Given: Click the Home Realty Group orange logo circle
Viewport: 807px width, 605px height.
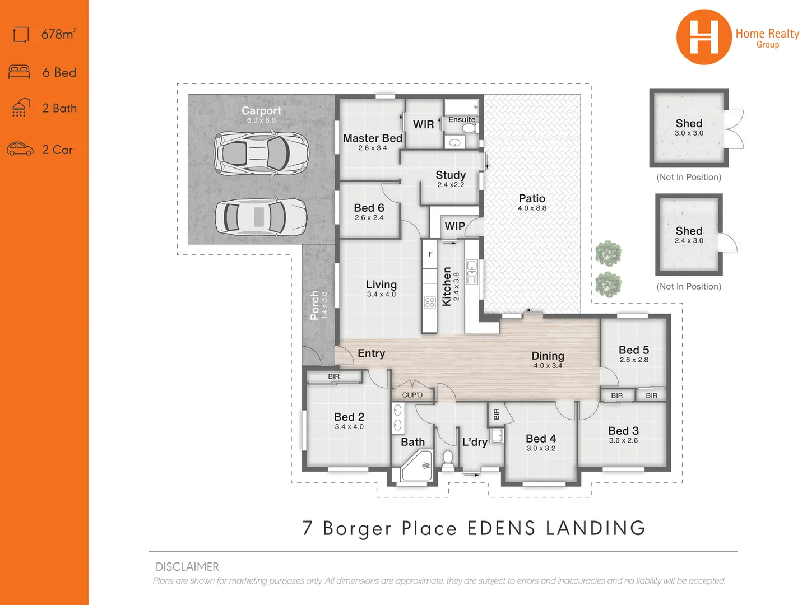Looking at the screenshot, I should tap(703, 37).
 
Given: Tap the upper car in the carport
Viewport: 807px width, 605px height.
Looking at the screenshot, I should tap(261, 152).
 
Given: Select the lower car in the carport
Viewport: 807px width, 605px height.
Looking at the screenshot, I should tap(261, 217).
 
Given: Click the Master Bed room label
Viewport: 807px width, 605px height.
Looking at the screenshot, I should tap(373, 138).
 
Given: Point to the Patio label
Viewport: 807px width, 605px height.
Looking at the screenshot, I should tap(532, 199).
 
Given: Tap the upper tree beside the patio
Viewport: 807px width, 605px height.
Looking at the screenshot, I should tap(608, 254).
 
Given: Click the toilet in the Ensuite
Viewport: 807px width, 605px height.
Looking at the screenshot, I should tap(469, 128).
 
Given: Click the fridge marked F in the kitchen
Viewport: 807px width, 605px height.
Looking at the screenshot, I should tap(430, 254).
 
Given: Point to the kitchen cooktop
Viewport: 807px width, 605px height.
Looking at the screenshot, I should tap(430, 302).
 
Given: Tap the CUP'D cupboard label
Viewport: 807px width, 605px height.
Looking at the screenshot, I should tap(412, 395).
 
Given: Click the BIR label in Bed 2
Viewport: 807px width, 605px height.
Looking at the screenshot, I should tap(334, 376).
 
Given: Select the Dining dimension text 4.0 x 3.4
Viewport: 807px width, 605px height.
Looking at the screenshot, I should tap(548, 365).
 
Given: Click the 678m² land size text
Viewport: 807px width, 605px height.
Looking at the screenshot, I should tap(58, 34).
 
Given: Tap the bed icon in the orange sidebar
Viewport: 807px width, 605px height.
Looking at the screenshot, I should tap(20, 72).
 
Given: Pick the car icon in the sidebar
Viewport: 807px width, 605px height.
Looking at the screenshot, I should tap(20, 149).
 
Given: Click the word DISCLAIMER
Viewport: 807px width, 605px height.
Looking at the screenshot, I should tap(187, 567).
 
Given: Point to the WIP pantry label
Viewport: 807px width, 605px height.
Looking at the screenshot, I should tap(454, 226).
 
